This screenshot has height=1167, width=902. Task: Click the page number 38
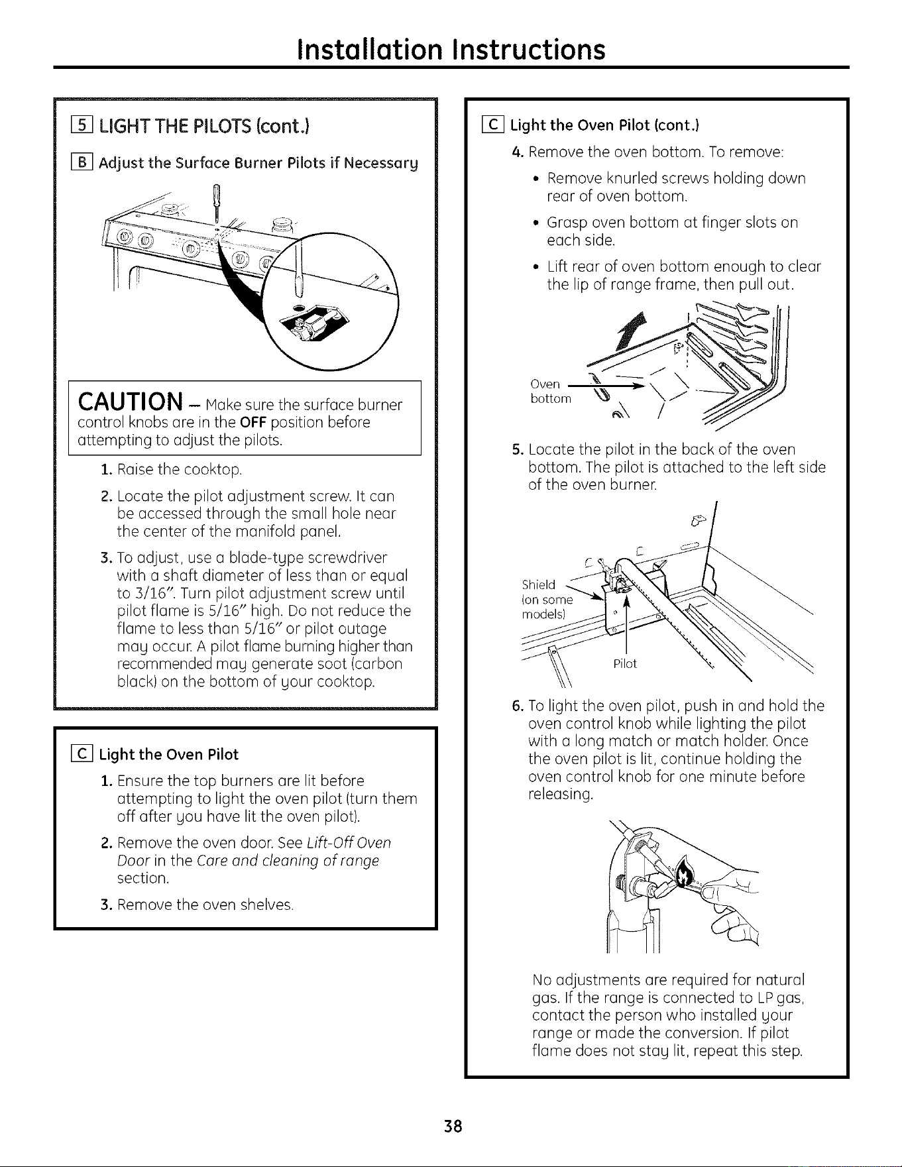click(x=451, y=1126)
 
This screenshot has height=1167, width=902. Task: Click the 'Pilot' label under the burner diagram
click(x=625, y=664)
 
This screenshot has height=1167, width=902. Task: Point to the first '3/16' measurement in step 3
click(x=139, y=592)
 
